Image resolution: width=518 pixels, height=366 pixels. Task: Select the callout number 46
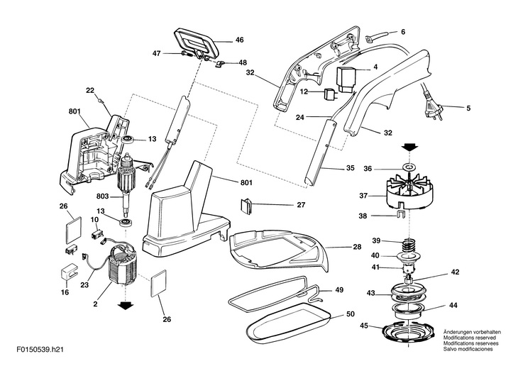tap(239, 40)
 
